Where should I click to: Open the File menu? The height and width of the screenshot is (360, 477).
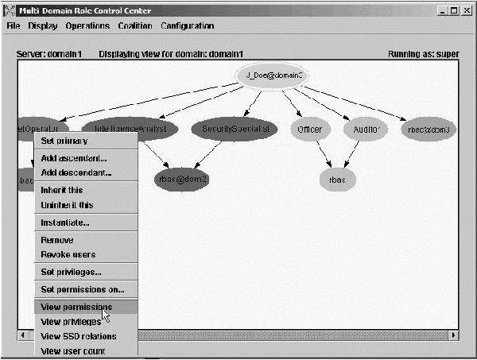12,25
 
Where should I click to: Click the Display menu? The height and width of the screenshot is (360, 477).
43,25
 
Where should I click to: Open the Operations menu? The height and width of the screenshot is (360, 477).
87,25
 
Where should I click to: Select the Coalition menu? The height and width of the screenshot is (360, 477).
135,25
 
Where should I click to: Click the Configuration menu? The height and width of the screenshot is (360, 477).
187,25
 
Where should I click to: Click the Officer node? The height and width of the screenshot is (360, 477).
309,129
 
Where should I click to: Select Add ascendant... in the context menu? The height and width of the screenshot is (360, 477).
73,157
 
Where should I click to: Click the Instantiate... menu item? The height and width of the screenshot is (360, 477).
65,223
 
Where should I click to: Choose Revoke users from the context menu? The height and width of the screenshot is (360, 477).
68,254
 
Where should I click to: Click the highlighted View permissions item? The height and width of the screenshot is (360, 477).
76,306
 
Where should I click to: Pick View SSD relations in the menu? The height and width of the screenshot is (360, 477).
78,336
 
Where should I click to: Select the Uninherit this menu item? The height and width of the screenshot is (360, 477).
67,205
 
